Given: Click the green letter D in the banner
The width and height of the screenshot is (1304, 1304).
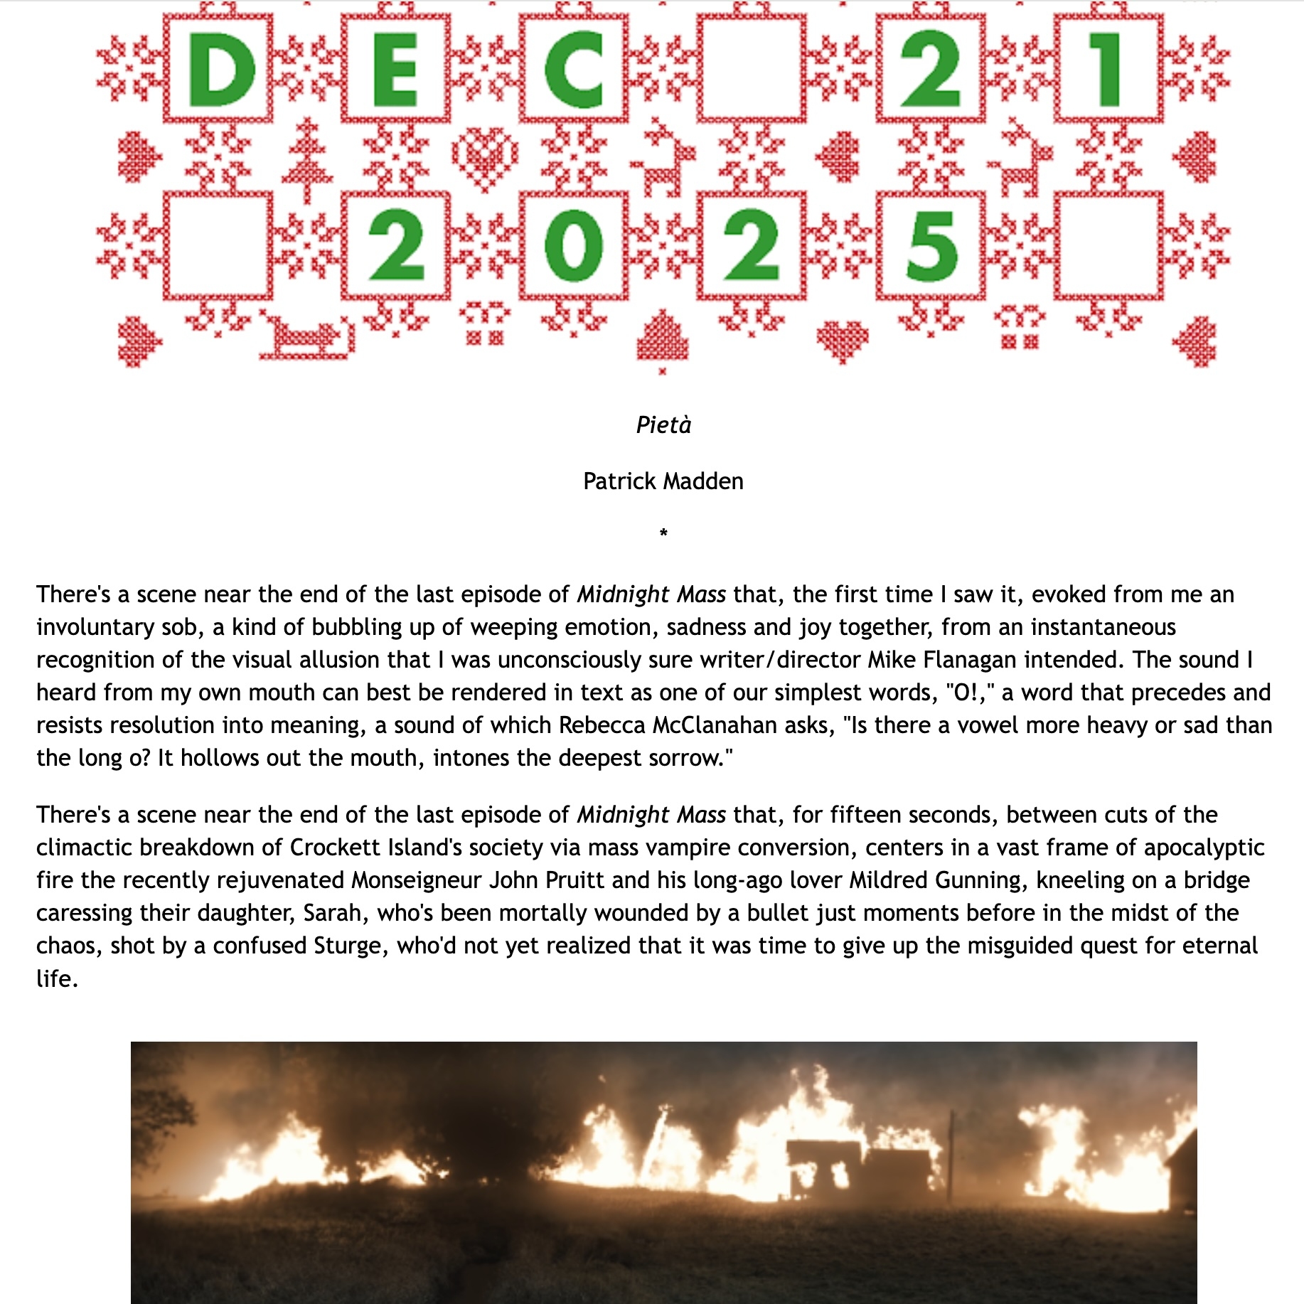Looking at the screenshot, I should [x=220, y=70].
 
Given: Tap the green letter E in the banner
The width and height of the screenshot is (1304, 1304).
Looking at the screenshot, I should [x=395, y=70].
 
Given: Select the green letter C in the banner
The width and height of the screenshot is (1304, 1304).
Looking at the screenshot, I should [x=573, y=70].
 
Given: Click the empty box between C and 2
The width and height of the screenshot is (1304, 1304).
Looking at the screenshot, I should [x=752, y=70].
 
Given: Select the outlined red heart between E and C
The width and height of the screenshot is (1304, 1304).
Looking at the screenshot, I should [x=485, y=158].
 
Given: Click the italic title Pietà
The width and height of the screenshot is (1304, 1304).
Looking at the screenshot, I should [x=663, y=425].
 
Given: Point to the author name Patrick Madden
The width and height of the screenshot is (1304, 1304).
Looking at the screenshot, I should [x=663, y=481].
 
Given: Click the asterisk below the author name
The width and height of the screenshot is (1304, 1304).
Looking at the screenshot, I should [x=663, y=533].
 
